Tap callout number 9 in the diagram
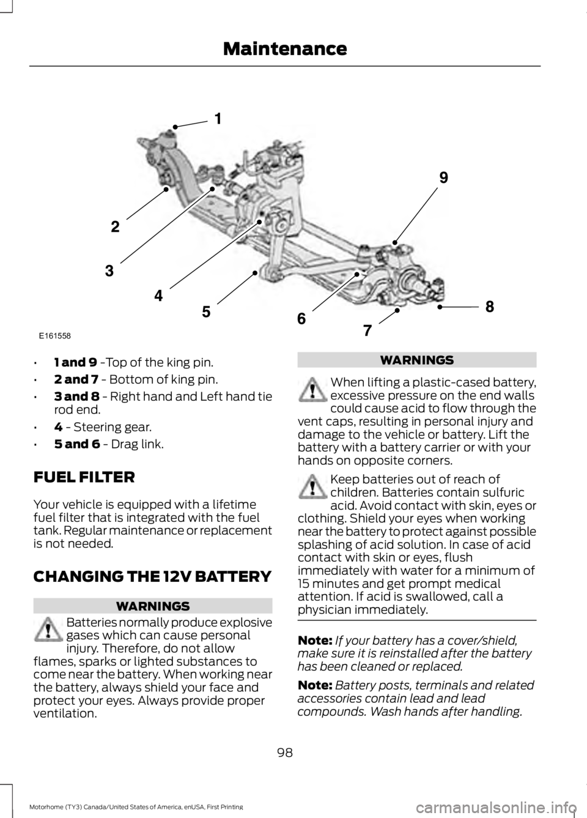(x=443, y=178)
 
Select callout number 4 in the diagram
(x=158, y=296)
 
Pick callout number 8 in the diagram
(x=490, y=306)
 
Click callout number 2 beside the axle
(x=116, y=227)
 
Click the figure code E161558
(x=54, y=336)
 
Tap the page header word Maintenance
(x=285, y=48)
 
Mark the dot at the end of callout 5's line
(x=254, y=270)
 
